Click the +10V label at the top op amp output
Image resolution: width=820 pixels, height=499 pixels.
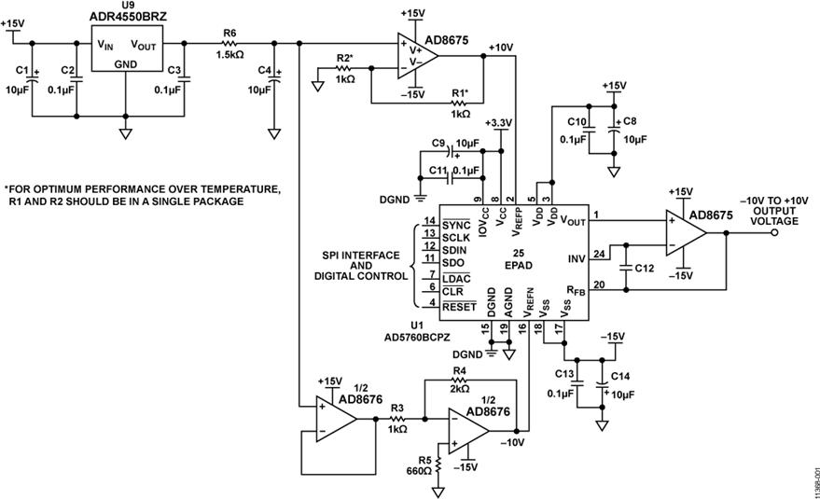click(x=500, y=48)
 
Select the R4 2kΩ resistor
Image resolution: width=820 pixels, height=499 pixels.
click(x=458, y=381)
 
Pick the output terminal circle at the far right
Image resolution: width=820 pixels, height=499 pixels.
click(x=774, y=234)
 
